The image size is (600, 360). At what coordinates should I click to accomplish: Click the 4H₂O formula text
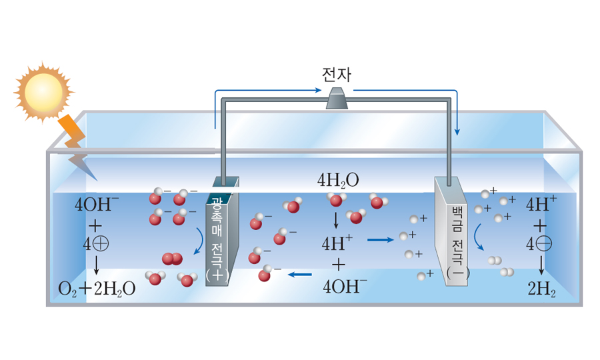coord(338,180)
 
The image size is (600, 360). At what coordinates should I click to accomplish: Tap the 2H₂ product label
coord(541,289)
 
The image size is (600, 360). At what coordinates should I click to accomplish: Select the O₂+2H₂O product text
coord(97,289)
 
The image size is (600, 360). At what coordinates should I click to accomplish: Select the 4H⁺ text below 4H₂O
coord(337,243)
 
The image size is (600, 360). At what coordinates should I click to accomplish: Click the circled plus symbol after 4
coord(101,245)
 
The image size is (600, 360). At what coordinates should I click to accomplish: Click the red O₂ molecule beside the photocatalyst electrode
coord(172,259)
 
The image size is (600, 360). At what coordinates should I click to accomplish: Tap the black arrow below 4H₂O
coord(335,219)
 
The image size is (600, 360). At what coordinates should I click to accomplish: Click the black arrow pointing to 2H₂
coord(541,267)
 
